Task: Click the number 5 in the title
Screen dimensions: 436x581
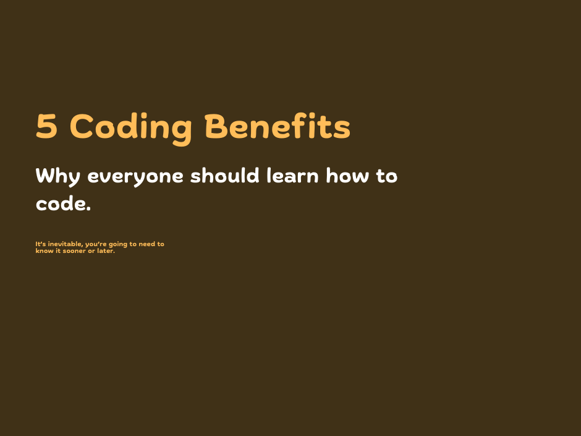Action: (x=47, y=127)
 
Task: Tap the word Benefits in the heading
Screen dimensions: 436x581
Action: (x=278, y=127)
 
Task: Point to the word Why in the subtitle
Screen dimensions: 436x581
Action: (x=58, y=176)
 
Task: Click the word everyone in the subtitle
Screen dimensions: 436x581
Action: (x=135, y=176)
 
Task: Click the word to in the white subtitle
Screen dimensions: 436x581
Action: (x=387, y=176)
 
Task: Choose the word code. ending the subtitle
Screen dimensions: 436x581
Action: (x=63, y=204)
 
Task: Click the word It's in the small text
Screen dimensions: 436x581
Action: (x=41, y=244)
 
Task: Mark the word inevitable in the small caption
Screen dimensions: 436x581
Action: (x=66, y=244)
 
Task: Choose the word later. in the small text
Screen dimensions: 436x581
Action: (x=106, y=251)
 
